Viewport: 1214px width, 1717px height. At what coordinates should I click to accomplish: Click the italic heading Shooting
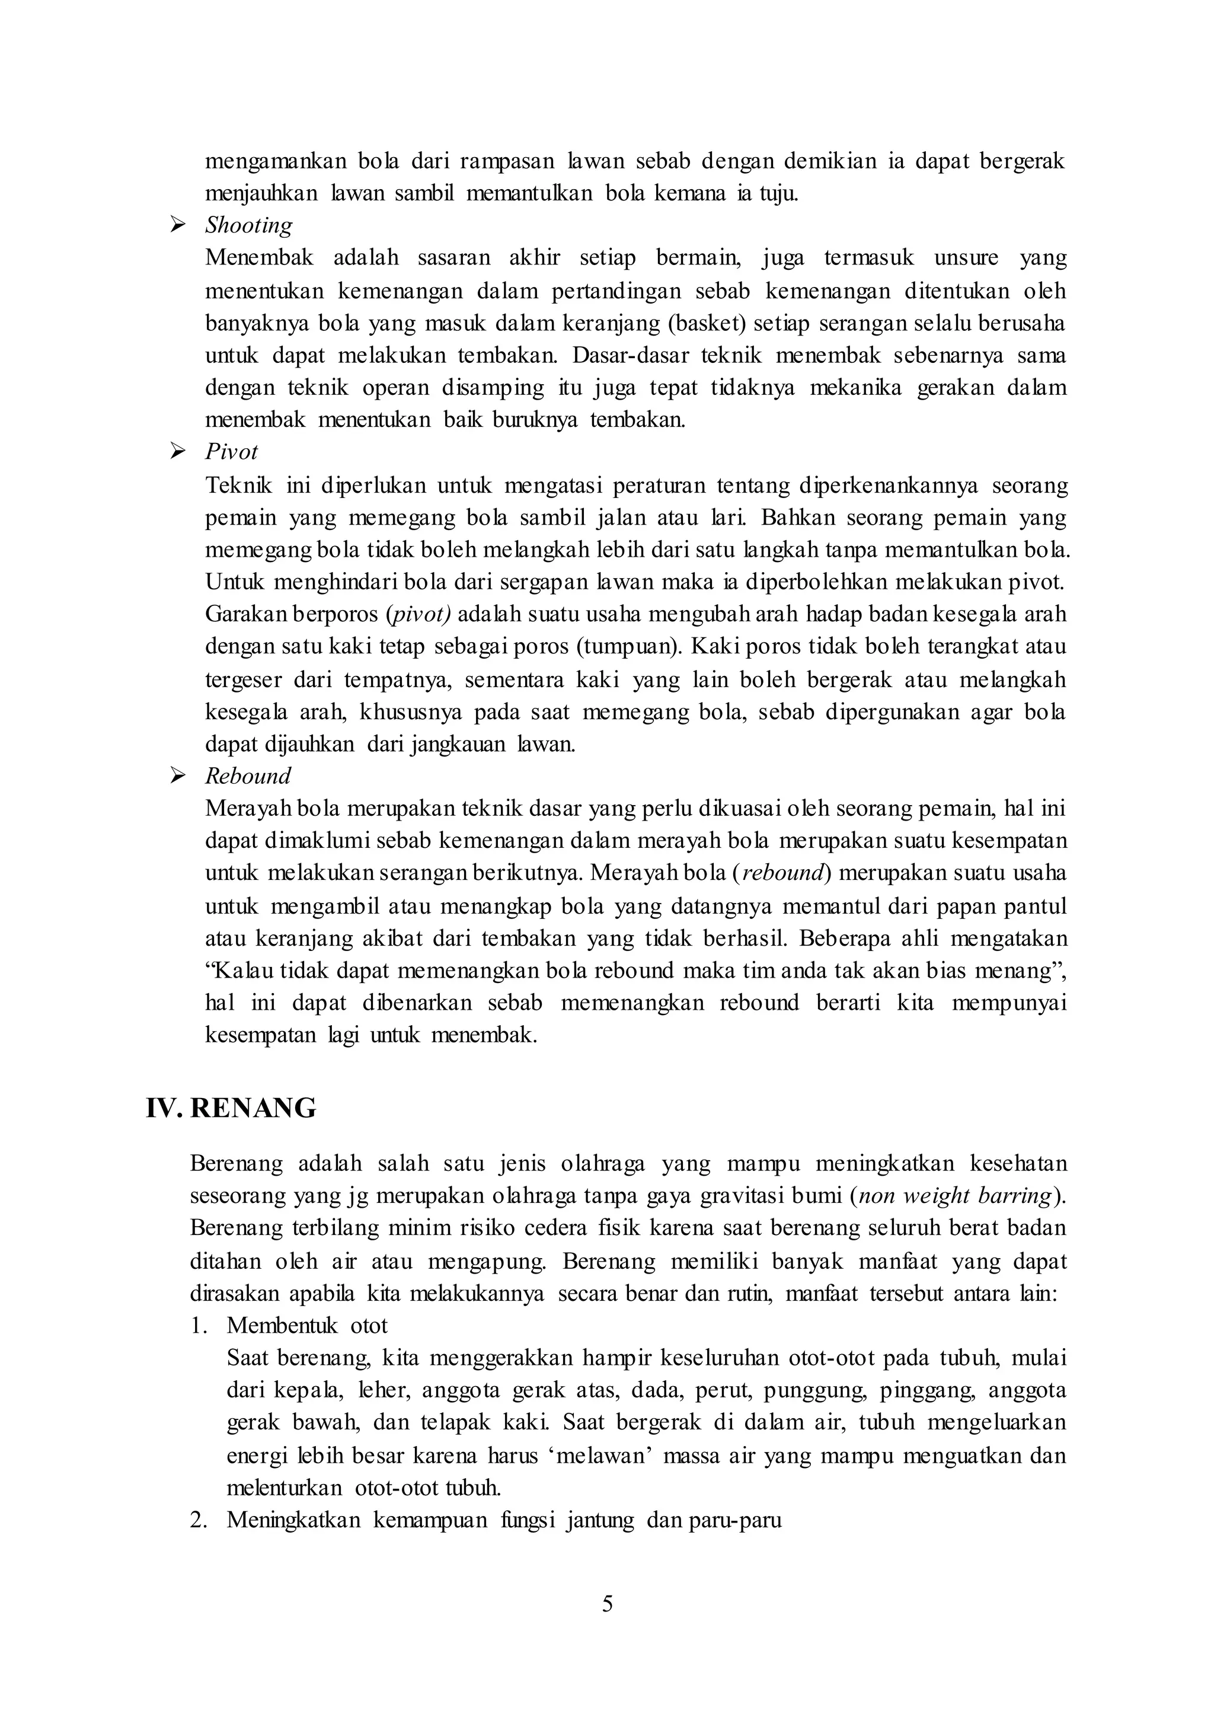click(248, 225)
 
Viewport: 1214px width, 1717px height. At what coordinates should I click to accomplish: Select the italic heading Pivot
click(231, 452)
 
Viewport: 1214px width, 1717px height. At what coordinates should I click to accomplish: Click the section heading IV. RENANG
click(231, 1108)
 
